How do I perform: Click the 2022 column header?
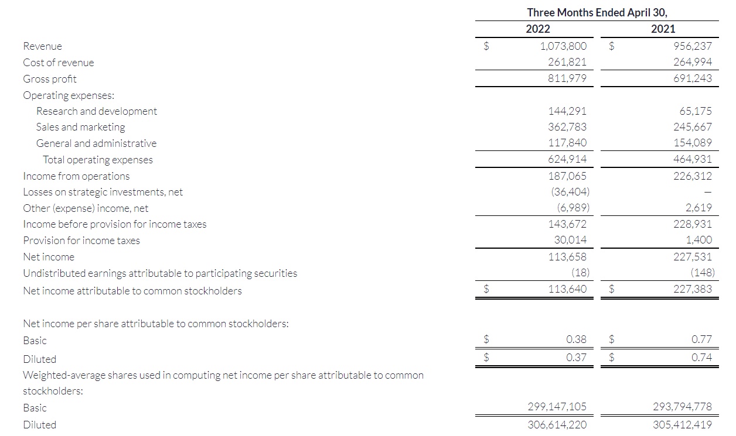(538, 29)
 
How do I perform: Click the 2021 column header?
(663, 29)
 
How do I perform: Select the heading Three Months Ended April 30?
(597, 12)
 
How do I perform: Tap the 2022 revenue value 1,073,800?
(564, 46)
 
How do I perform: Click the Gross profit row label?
(50, 79)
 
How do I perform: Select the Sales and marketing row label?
(80, 127)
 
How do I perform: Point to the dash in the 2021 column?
(707, 192)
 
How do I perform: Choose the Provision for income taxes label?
(81, 241)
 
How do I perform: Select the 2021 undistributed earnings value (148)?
(702, 272)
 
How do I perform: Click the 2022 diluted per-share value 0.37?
(577, 357)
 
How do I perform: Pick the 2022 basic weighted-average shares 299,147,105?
(557, 407)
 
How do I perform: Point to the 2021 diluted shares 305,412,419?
(682, 425)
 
